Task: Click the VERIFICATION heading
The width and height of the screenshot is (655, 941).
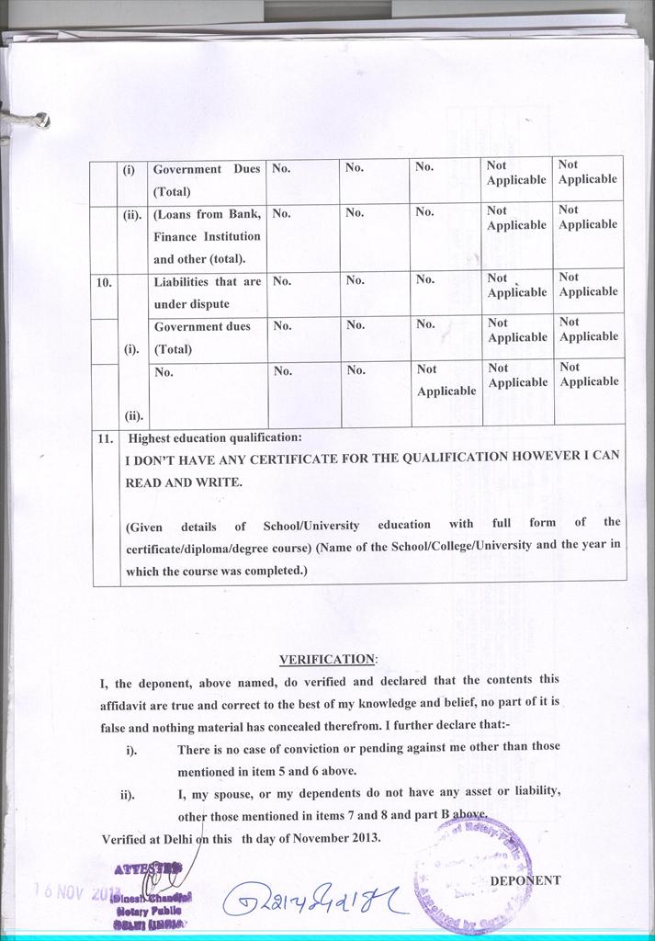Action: (327, 659)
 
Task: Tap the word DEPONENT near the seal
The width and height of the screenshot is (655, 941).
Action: (525, 879)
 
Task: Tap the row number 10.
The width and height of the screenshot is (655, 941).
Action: (104, 282)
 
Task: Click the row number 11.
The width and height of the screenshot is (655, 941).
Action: (105, 439)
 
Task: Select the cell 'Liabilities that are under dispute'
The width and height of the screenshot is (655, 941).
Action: (207, 292)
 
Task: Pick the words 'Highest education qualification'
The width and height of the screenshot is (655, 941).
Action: (215, 437)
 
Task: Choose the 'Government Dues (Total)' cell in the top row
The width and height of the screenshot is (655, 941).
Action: (207, 180)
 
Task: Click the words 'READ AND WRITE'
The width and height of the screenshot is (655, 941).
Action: (184, 481)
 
